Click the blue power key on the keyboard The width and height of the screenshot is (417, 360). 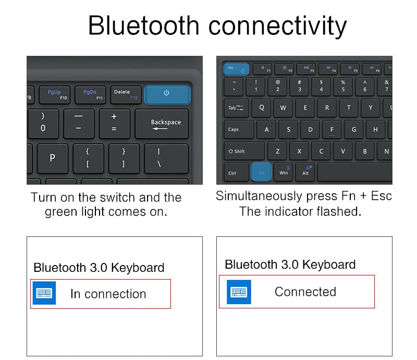pos(167,94)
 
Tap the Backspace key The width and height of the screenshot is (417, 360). pos(162,124)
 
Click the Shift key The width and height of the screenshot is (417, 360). pos(243,151)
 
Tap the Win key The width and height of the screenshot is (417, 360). pos(284,172)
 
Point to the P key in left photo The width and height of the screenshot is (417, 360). pos(52,158)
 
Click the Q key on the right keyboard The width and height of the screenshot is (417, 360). pos(261,108)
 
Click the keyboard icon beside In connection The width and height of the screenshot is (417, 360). pos(44,293)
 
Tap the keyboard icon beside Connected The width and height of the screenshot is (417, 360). pos(239,292)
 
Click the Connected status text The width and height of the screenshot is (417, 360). pos(305,292)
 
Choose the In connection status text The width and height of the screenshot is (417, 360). pos(108,294)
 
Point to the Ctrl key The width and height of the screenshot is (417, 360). pos(232,172)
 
